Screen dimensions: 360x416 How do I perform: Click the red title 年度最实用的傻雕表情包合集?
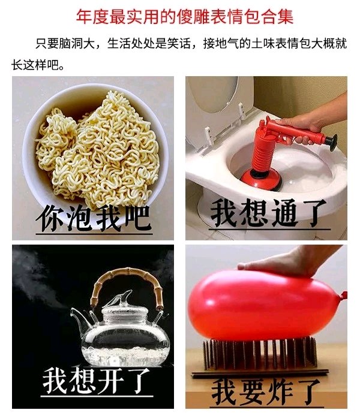coord(185,16)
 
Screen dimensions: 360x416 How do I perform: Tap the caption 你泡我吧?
coord(94,218)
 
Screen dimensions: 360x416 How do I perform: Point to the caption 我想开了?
coord(97,381)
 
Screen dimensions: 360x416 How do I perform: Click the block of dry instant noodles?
coord(98,149)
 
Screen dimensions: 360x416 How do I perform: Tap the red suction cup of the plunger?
coord(261,179)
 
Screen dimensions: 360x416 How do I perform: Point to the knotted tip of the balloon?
coord(344,295)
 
